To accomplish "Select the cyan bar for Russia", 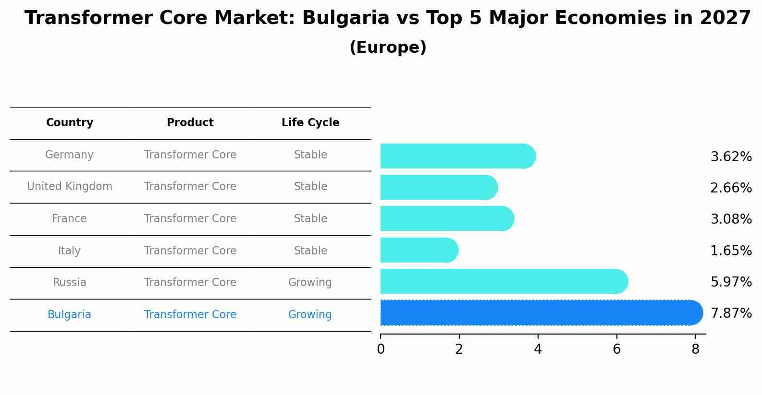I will click(504, 281).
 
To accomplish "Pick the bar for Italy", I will click(419, 250).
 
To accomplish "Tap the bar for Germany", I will click(457, 156).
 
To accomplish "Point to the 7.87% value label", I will click(731, 313).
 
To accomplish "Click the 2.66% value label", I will click(731, 188).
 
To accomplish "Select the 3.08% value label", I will click(731, 219).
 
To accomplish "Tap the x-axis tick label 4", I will click(538, 350).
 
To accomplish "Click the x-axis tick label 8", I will click(695, 350).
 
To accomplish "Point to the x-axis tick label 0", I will click(381, 350).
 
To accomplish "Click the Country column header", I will click(70, 123).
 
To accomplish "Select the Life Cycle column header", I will click(310, 123).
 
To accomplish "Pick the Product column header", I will click(190, 123).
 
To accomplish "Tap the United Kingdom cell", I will click(70, 187).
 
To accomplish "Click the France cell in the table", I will click(70, 219).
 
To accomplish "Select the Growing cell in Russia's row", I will click(310, 283).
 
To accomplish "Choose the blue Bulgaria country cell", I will click(70, 315).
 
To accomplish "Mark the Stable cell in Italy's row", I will click(310, 251).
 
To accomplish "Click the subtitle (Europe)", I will click(388, 48).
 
